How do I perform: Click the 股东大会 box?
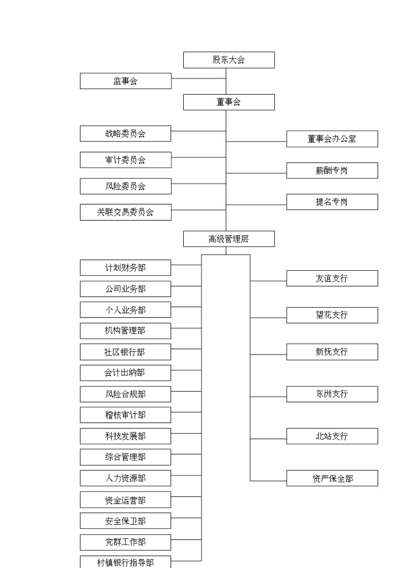click(229, 60)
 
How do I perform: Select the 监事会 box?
click(126, 81)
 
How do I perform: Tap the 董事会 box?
click(229, 102)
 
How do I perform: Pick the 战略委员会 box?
click(125, 134)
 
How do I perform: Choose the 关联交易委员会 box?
click(126, 212)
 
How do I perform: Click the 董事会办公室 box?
click(332, 139)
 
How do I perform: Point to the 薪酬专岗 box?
click(332, 171)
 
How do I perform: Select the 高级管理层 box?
click(229, 239)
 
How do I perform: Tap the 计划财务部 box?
click(125, 268)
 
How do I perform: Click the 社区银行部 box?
click(125, 352)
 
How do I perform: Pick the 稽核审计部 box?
click(125, 415)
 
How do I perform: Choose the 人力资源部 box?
click(125, 478)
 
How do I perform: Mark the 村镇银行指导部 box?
click(125, 562)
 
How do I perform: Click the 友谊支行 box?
click(332, 278)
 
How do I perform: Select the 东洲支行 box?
click(332, 394)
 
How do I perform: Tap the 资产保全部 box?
click(332, 478)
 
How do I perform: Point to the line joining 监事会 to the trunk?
click(199, 78)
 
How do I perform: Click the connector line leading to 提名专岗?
click(256, 205)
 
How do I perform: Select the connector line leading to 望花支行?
click(268, 318)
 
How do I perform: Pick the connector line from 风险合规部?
click(186, 391)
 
